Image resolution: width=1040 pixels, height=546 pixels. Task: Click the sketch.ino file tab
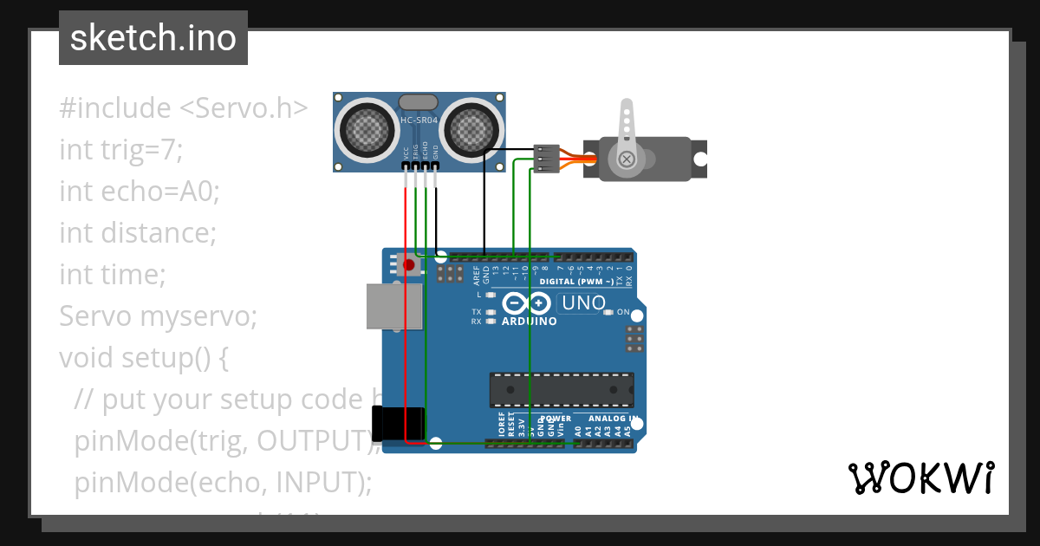(x=153, y=38)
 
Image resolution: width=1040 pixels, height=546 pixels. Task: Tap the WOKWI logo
(x=920, y=478)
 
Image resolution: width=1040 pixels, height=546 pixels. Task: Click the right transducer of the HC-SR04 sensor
(x=471, y=131)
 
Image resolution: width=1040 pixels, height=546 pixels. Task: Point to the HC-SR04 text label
(x=419, y=120)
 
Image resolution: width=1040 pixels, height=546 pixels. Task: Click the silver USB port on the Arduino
(x=393, y=306)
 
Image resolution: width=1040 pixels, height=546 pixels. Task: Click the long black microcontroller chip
(x=561, y=390)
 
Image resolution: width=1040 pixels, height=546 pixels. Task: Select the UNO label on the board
(x=583, y=303)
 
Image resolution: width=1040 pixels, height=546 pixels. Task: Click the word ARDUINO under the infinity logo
(x=529, y=321)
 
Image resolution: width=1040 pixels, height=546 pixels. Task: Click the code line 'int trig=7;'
(x=121, y=150)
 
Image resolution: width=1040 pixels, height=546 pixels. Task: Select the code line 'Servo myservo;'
(x=158, y=316)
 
